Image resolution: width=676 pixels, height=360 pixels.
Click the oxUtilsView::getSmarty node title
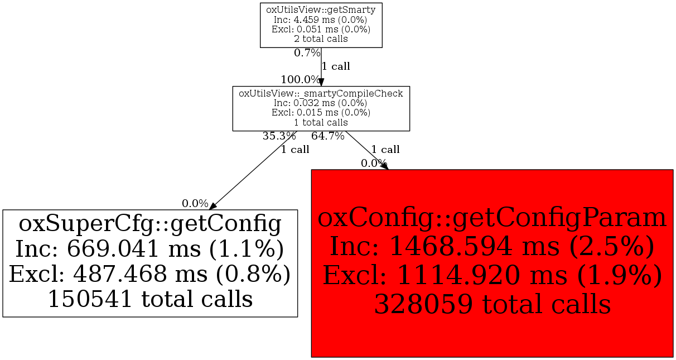[321, 9]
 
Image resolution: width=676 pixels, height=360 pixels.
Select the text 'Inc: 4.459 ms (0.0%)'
[321, 20]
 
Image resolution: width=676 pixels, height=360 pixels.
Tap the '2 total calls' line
[321, 39]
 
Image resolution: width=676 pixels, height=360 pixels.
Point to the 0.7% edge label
[307, 54]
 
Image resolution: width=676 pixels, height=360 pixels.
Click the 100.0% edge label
[300, 79]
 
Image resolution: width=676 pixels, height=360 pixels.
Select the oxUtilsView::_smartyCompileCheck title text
[321, 93]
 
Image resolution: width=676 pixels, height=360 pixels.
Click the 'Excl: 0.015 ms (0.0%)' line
[321, 113]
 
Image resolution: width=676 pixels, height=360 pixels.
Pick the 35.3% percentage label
[279, 136]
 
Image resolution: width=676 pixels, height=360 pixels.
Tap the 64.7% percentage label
[328, 136]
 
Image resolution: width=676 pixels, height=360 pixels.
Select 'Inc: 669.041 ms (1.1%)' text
[149, 249]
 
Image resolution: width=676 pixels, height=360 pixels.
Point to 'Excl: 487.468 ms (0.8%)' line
[149, 274]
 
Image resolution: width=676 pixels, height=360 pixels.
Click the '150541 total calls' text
[149, 299]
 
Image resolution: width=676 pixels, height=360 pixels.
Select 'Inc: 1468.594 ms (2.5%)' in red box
[491, 246]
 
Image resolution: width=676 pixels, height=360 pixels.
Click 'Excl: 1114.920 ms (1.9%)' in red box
[491, 275]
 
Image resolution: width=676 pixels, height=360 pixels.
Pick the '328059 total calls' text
[491, 304]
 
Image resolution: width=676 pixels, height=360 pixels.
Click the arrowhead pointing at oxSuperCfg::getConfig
[211, 205]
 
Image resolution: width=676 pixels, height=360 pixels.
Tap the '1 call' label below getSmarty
[336, 66]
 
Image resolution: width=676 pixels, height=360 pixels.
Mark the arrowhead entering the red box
[384, 166]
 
